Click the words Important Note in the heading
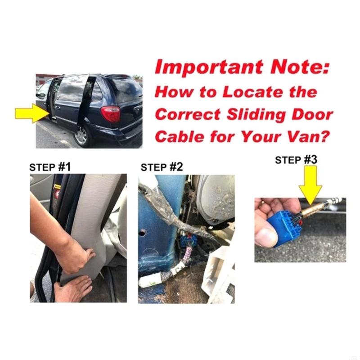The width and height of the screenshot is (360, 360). [242, 68]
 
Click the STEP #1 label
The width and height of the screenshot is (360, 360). [50, 167]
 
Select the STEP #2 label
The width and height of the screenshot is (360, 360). [162, 167]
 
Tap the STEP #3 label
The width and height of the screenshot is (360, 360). [296, 160]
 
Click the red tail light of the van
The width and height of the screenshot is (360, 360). [111, 113]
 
